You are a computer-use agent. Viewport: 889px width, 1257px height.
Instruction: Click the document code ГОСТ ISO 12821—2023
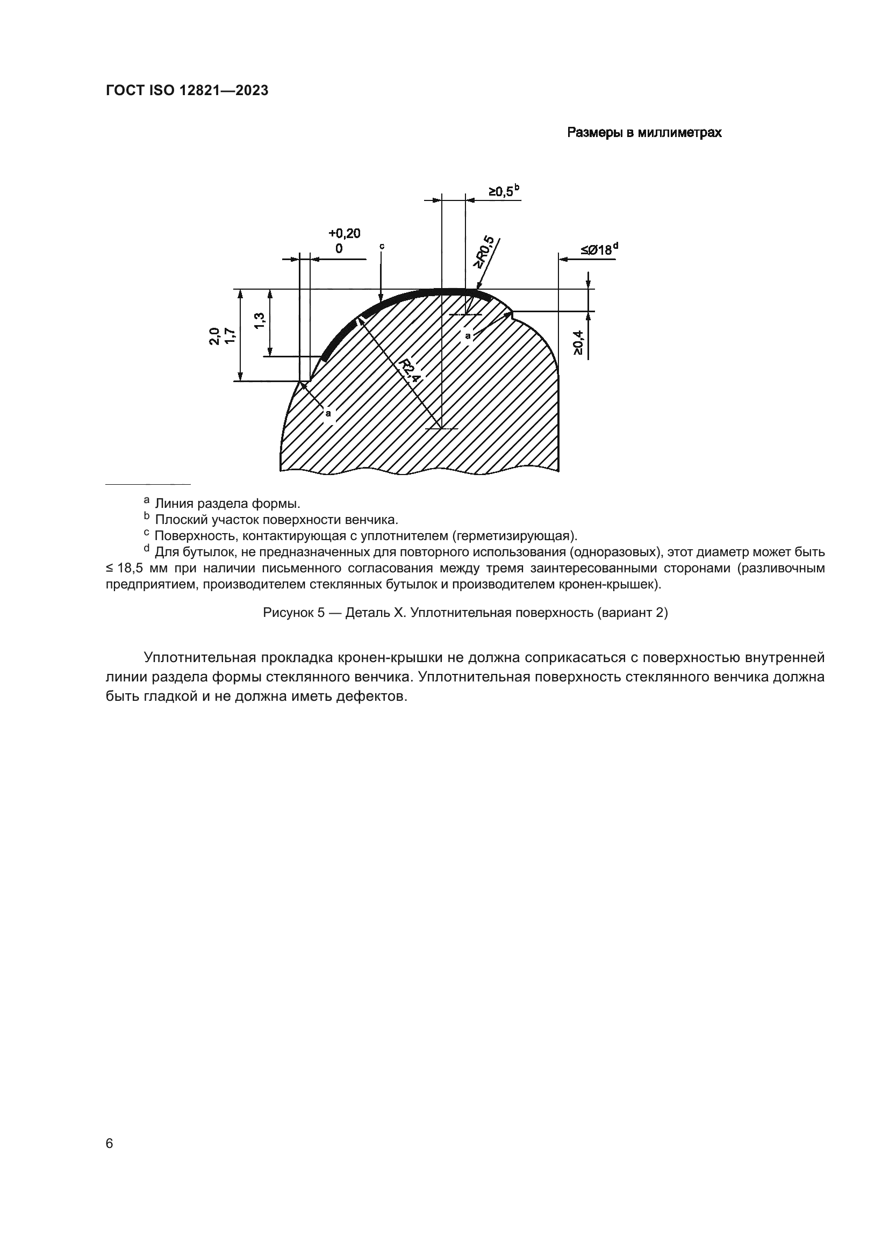[x=187, y=91]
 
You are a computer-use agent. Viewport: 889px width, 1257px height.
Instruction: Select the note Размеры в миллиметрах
[x=644, y=133]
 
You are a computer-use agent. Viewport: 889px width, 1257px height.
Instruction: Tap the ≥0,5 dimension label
[x=501, y=192]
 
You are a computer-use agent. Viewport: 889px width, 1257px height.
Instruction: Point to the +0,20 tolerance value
[x=345, y=234]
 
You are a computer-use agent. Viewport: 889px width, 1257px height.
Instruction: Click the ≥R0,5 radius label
[x=484, y=253]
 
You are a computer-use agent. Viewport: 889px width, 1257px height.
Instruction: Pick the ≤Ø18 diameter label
[x=596, y=250]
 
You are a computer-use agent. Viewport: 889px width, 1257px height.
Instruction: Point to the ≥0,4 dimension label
[x=579, y=343]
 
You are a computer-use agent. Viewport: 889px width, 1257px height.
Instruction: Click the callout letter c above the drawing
[x=382, y=246]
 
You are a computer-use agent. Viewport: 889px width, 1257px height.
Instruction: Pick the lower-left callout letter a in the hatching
[x=328, y=413]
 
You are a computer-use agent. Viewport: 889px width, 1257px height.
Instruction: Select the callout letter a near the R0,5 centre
[x=468, y=335]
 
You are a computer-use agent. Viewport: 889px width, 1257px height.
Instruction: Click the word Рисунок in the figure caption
[x=286, y=613]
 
